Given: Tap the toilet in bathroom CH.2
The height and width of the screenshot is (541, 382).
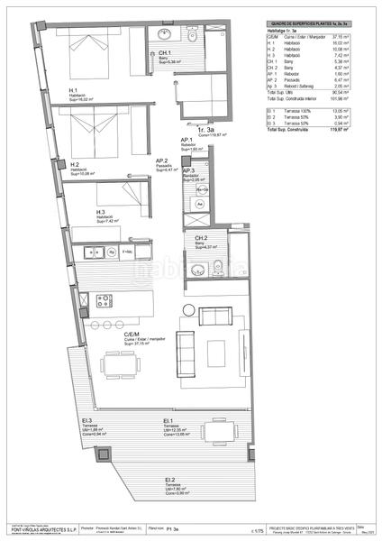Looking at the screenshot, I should tap(218, 265).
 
